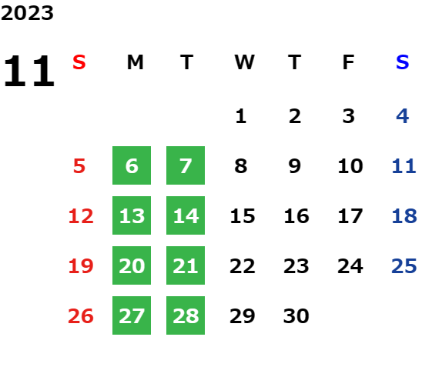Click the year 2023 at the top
point(27,13)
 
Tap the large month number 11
point(29,71)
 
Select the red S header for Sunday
point(79,62)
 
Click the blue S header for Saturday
point(402,62)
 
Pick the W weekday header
point(244,62)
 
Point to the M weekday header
point(135,62)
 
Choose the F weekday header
point(348,62)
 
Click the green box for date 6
point(132,165)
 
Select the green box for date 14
point(186,215)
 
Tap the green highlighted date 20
point(132,265)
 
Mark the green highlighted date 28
point(186,315)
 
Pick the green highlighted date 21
point(186,265)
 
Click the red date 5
point(79,165)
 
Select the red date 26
point(81,315)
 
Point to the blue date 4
point(403,116)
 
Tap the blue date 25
point(404,265)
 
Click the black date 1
point(240,116)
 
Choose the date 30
point(296,315)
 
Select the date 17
point(350,215)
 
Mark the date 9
point(294,165)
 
